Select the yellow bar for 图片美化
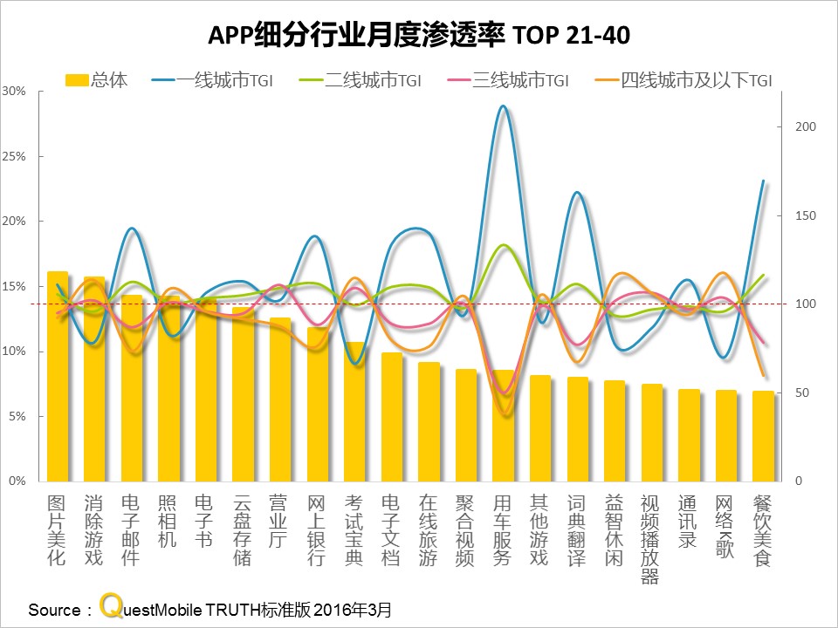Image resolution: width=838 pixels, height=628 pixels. (x=58, y=375)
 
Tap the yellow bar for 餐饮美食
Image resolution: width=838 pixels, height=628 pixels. (x=763, y=436)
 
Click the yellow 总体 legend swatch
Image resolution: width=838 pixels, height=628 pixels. (x=77, y=80)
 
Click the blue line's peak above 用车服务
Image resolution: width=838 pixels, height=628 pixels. (x=503, y=106)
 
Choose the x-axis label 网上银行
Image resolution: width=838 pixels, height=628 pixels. (x=317, y=529)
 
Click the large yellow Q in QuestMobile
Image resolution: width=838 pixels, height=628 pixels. (x=110, y=605)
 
